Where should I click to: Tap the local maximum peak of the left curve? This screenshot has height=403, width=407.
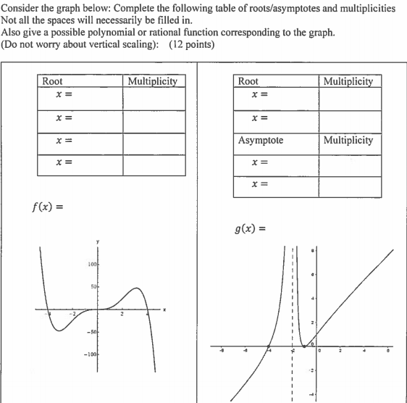pyautogui.click(x=135, y=288)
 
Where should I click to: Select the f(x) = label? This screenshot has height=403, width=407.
pyautogui.click(x=48, y=207)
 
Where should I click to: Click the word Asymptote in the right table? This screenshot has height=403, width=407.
pyautogui.click(x=261, y=140)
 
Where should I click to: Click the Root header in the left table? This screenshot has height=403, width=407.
pyautogui.click(x=52, y=81)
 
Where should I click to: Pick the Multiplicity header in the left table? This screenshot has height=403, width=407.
pyautogui.click(x=152, y=81)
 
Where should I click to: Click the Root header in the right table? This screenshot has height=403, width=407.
pyautogui.click(x=248, y=81)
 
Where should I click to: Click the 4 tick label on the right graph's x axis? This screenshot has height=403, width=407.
pyautogui.click(x=365, y=353)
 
